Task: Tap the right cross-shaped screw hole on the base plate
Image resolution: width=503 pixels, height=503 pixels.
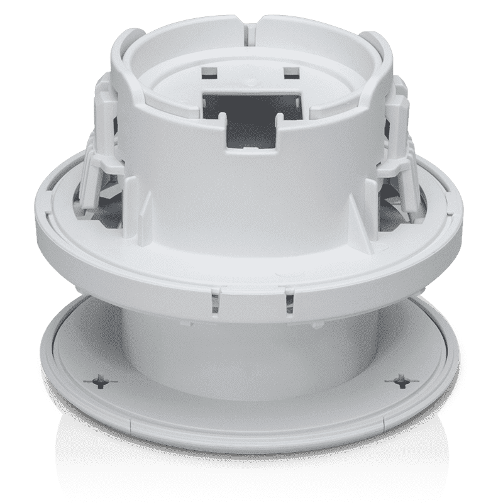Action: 401,380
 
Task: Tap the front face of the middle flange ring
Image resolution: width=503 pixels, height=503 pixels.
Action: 251,277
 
